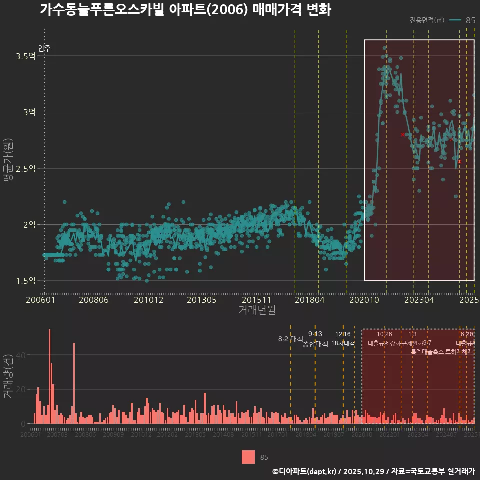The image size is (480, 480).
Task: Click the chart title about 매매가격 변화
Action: click(x=185, y=10)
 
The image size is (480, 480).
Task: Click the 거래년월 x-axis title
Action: click(x=257, y=310)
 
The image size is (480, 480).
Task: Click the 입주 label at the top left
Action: click(x=44, y=48)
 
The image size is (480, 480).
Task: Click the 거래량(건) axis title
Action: click(x=8, y=376)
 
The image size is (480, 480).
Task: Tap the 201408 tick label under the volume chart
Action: click(x=223, y=435)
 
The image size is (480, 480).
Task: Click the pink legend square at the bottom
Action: click(x=248, y=457)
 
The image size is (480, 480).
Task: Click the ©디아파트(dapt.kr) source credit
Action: click(x=305, y=471)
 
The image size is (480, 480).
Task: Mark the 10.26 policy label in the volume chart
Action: click(x=384, y=334)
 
